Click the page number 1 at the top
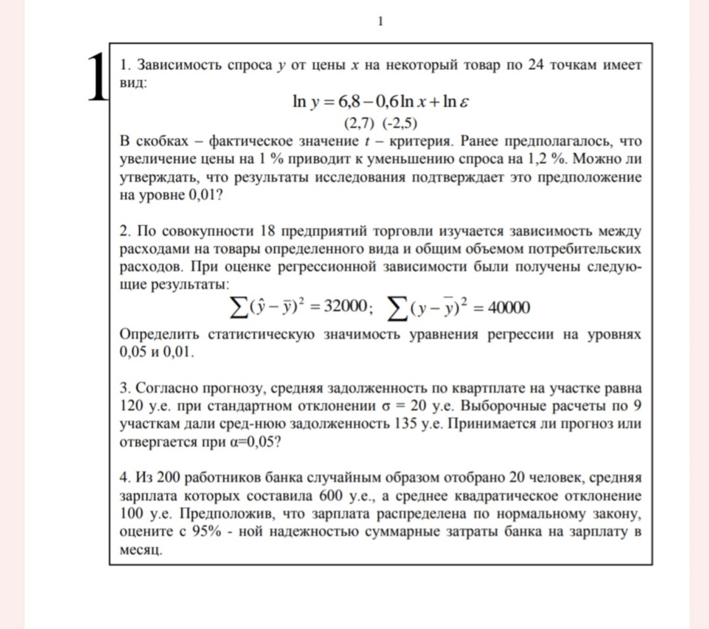[380, 21]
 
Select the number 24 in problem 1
[535, 65]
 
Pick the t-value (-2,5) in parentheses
[400, 123]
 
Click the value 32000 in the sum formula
[345, 306]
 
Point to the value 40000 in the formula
[508, 307]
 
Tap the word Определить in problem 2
[159, 334]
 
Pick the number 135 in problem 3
[406, 424]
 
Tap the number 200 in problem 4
[168, 477]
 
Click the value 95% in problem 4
[206, 532]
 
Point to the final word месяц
[141, 550]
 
